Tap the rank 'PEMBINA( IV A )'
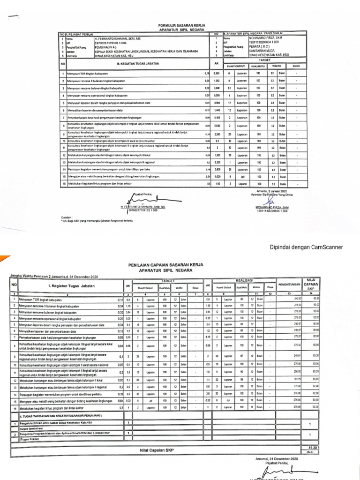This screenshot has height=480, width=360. (107, 47)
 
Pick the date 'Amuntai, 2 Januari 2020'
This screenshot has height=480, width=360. (271, 191)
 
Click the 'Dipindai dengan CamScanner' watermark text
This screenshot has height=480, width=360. (306, 247)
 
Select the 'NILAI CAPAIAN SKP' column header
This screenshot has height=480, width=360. (311, 284)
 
